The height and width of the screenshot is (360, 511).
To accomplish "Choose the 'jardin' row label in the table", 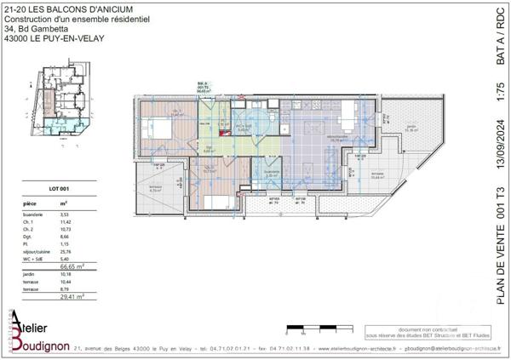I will [x=31, y=275].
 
